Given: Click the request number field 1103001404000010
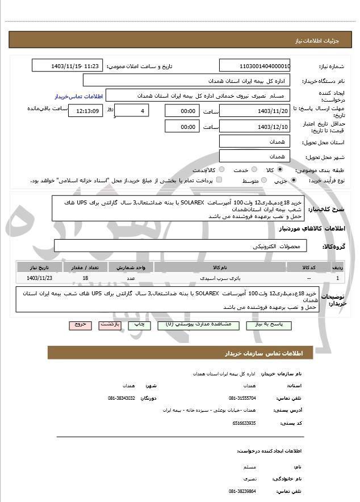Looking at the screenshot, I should point(254,66).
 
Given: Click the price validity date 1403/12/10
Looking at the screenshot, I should point(254,127).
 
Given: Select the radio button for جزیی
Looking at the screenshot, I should point(293,180).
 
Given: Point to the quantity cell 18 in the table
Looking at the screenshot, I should point(85,278).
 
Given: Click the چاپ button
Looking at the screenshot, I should point(139,325).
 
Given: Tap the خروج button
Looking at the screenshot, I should point(80,325).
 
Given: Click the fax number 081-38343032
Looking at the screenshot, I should point(121,398).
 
